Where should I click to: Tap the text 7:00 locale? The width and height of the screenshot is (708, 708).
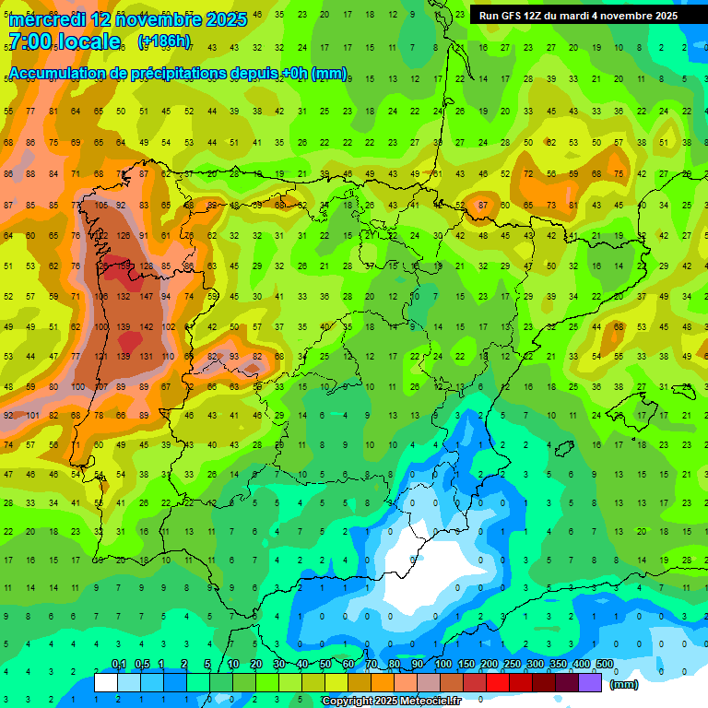tap(64, 41)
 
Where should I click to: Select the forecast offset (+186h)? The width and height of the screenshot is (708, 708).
tap(163, 41)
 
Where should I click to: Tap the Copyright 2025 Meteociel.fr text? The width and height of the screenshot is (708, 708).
tap(391, 702)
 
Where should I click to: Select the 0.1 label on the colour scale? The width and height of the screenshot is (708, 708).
tap(118, 665)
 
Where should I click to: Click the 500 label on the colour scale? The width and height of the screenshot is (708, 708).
tap(604, 665)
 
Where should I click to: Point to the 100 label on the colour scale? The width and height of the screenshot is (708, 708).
tap(442, 665)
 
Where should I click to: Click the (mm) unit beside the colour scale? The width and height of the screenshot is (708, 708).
tap(624, 684)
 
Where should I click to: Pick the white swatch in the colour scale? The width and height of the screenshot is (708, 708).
tap(106, 682)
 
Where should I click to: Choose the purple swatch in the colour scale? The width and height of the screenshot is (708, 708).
tap(591, 682)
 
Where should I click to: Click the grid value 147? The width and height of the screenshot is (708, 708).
tap(146, 297)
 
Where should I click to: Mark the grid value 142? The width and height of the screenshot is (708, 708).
tap(146, 327)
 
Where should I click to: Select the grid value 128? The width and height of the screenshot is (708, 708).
tap(146, 266)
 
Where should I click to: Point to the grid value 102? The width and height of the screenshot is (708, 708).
tap(169, 327)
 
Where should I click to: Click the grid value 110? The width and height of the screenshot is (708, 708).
tap(169, 357)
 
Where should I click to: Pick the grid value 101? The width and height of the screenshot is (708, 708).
tap(31, 415)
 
